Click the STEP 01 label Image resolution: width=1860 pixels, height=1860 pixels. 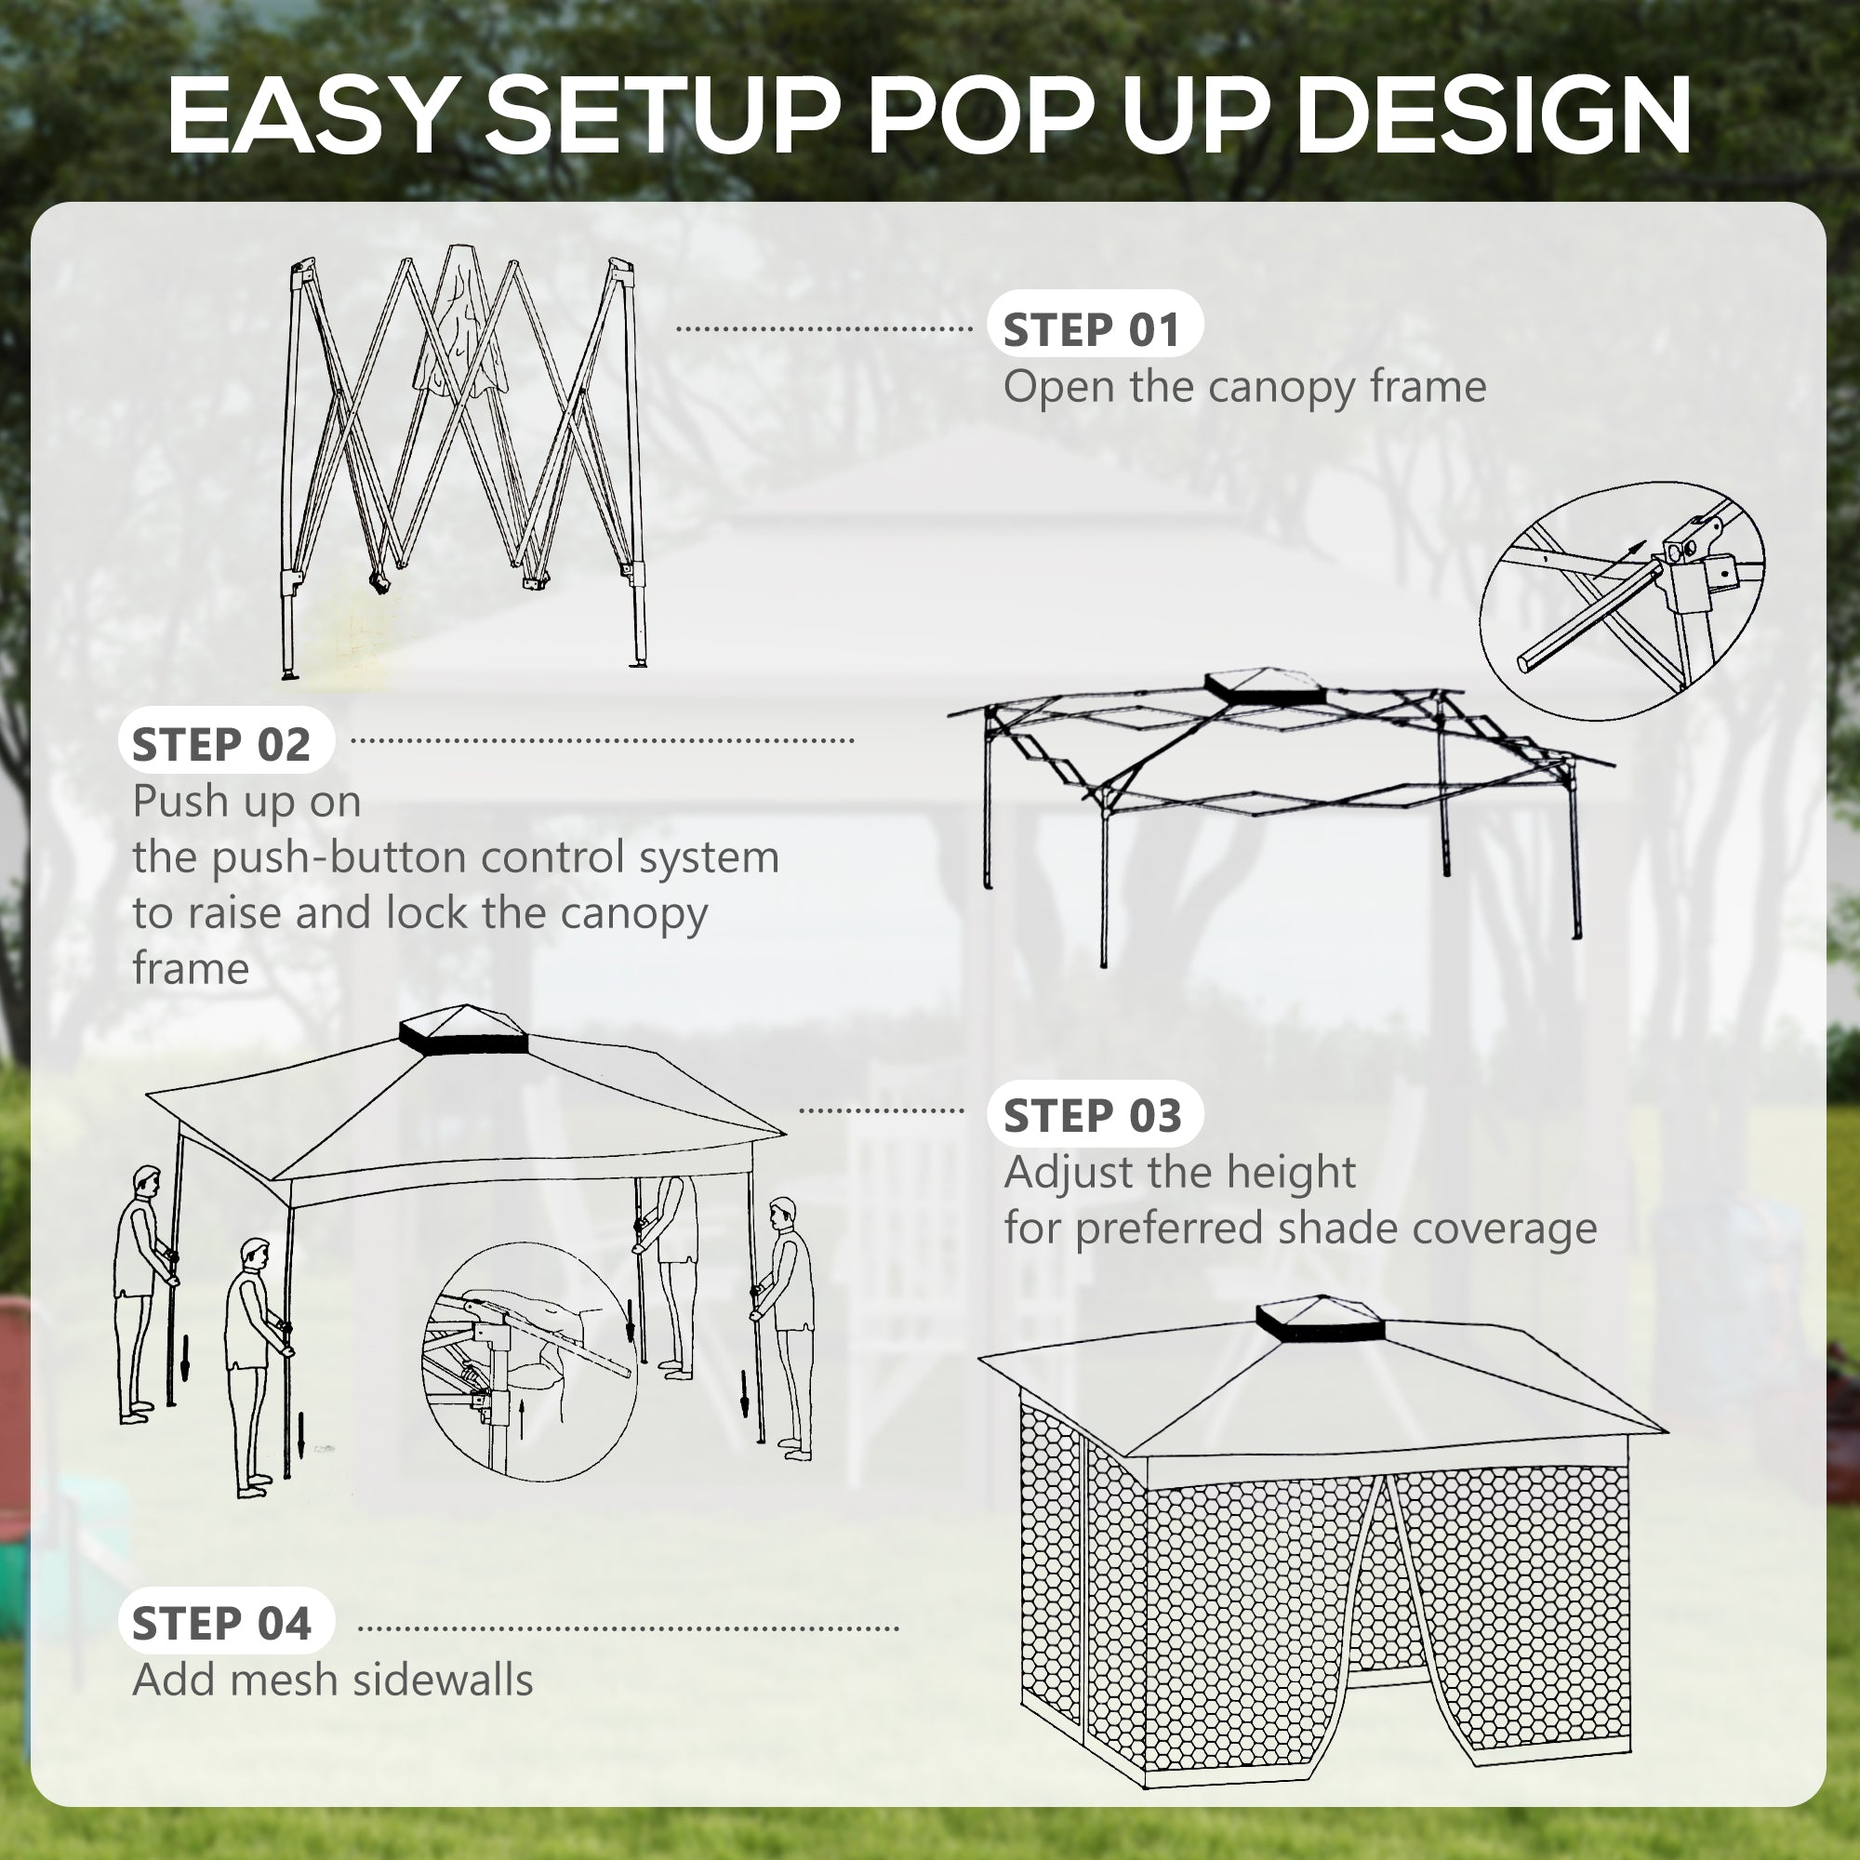click(x=1094, y=330)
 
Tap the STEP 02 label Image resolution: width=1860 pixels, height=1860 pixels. click(x=222, y=744)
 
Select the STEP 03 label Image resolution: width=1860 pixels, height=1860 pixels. click(x=1094, y=1116)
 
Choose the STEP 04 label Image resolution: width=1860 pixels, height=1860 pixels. click(x=222, y=1624)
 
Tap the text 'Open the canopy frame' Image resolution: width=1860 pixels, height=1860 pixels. click(x=1243, y=387)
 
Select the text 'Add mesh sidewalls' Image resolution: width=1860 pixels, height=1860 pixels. click(x=332, y=1680)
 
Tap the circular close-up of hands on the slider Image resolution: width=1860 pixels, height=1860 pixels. click(x=528, y=1362)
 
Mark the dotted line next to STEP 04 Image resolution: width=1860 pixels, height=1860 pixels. click(x=628, y=1629)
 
